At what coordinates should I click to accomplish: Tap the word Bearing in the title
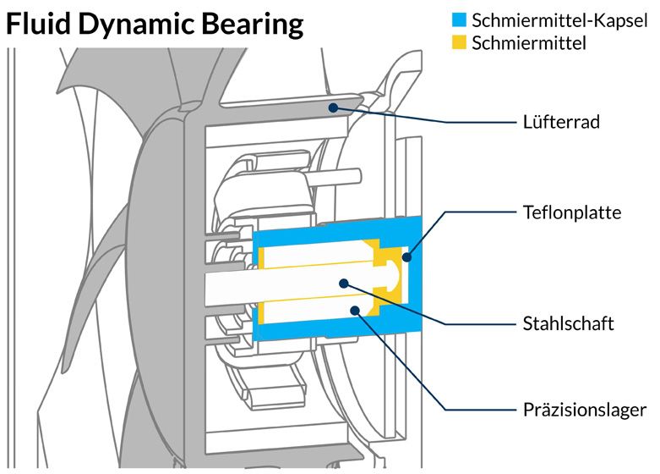tap(254, 25)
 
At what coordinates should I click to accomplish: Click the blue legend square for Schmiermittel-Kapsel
tap(460, 19)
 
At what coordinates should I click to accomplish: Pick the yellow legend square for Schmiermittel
tap(460, 42)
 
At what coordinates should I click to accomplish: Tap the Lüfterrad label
tap(560, 123)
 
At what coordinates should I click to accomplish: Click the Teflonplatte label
tap(571, 212)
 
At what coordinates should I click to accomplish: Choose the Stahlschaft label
tap(567, 324)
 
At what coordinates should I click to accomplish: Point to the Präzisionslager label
tap(584, 411)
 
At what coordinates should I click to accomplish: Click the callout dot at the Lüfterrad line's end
tap(335, 107)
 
